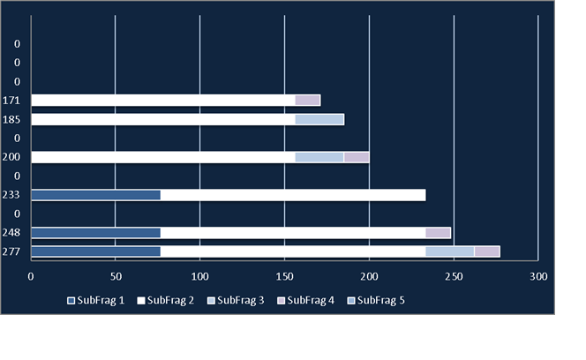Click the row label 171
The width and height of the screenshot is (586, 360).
click(11, 101)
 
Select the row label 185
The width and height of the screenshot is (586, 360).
click(11, 120)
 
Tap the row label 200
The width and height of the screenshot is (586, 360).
click(11, 157)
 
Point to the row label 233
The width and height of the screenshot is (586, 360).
click(11, 195)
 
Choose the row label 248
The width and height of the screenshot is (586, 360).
click(11, 233)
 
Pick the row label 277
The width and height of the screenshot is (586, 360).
click(11, 251)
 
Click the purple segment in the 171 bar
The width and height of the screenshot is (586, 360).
click(308, 101)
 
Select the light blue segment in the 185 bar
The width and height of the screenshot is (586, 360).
click(319, 120)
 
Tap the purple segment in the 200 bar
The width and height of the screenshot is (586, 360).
click(357, 157)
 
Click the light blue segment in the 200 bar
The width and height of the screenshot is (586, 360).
click(319, 157)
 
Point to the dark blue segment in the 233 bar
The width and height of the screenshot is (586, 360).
click(96, 195)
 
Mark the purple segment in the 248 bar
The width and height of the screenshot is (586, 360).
click(438, 233)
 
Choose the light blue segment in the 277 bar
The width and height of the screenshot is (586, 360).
click(450, 251)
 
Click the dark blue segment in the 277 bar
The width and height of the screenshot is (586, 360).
click(96, 251)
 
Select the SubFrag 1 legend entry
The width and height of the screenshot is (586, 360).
click(95, 301)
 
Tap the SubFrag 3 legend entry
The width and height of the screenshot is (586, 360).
click(236, 301)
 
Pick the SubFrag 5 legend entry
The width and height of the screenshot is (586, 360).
click(376, 301)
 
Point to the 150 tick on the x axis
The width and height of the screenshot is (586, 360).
click(284, 277)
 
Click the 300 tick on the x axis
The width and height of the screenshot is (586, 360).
click(538, 277)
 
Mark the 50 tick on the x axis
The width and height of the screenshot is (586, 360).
click(116, 277)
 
